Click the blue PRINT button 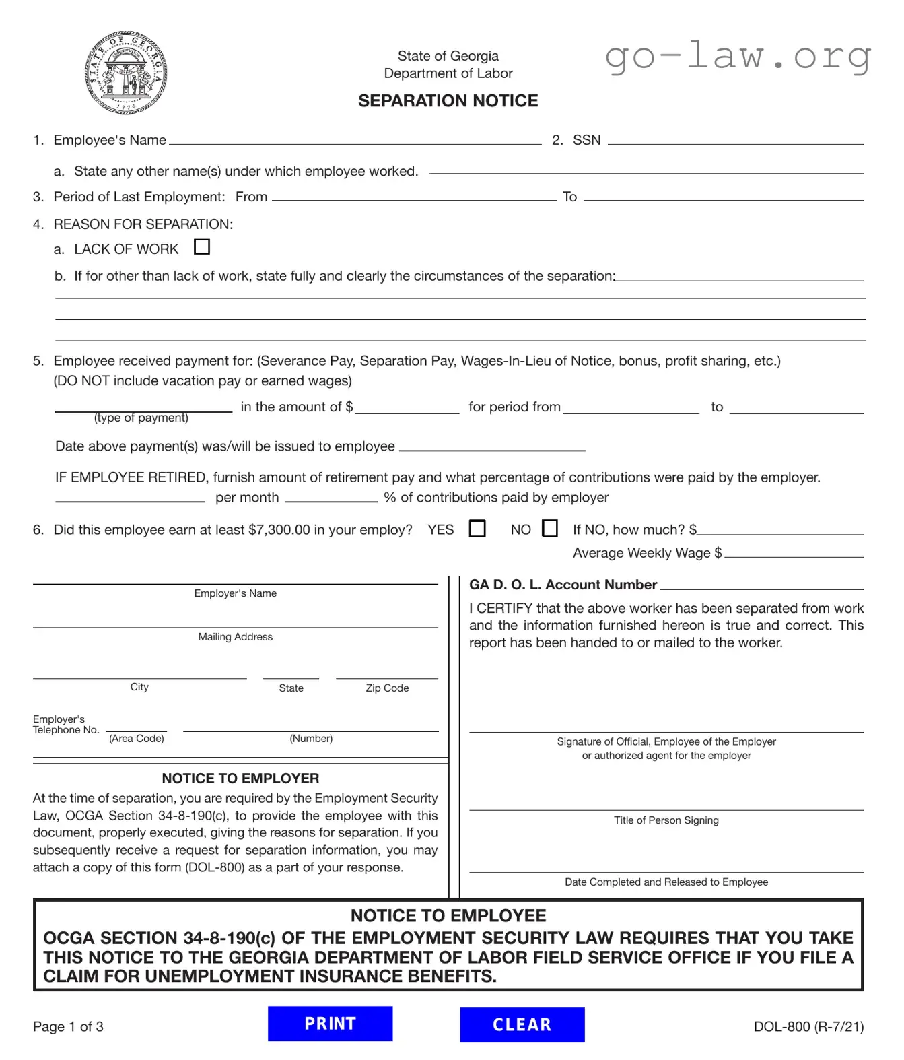click(330, 1024)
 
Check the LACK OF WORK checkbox click(202, 247)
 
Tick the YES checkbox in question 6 click(477, 529)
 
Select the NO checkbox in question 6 click(550, 529)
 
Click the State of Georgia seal click(126, 73)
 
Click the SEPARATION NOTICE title click(448, 101)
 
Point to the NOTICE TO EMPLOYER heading click(240, 779)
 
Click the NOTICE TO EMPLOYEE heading click(448, 916)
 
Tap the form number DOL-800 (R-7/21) click(808, 1026)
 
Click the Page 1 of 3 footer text click(68, 1027)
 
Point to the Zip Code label click(387, 688)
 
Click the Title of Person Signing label click(666, 820)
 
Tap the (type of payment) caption click(141, 418)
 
